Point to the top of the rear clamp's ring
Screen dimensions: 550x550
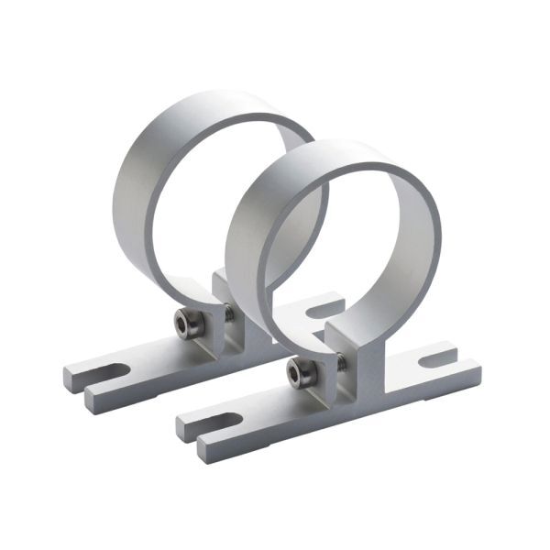point(220,102)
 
